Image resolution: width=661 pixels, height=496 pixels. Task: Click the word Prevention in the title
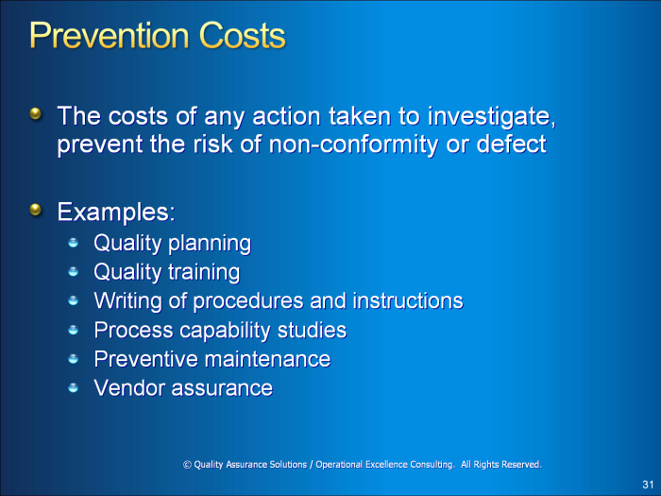point(110,36)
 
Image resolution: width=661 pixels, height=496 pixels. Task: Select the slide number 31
point(648,484)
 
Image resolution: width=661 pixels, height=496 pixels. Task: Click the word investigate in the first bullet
point(492,117)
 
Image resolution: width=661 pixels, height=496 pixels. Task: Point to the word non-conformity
point(354,145)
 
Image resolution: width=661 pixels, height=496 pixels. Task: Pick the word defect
point(512,144)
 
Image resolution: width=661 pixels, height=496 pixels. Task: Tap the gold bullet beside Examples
point(36,210)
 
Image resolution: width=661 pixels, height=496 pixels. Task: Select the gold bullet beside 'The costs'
point(36,113)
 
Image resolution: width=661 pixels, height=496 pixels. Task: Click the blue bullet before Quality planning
point(74,242)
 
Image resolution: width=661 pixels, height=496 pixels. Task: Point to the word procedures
point(247,300)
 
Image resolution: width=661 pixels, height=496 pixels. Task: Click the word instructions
point(408,300)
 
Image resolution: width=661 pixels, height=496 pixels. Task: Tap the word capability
point(225,331)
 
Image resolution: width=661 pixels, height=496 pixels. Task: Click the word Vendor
point(129,387)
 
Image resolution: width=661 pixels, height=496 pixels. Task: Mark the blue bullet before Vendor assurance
point(74,387)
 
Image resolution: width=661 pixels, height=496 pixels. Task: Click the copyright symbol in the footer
point(187,465)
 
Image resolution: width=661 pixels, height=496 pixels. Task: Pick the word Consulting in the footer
point(432,465)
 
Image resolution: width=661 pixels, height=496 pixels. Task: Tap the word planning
point(210,244)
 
